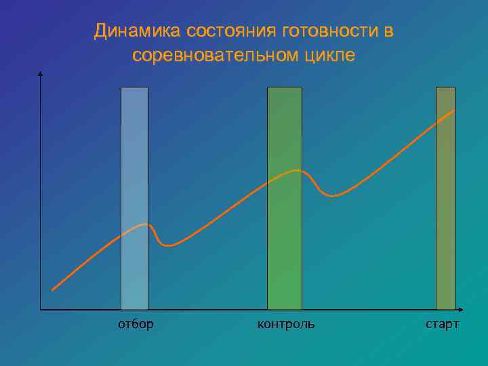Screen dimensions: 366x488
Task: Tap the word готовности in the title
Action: coord(320,31)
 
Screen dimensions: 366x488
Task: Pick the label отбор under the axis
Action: coord(136,324)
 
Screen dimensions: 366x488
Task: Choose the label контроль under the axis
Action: coord(285,324)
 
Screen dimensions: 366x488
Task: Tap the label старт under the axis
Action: coord(442,324)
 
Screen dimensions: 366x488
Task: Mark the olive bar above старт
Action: coord(445,203)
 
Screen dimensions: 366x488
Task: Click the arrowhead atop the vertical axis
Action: coord(41,74)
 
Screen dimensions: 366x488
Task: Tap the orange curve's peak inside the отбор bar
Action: coord(144,224)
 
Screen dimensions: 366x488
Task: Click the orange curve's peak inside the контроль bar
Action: coord(296,170)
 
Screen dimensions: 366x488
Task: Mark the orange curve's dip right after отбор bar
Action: coord(169,245)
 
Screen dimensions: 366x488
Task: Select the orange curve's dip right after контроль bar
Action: coord(332,195)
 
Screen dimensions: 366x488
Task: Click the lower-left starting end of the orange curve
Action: coord(52,290)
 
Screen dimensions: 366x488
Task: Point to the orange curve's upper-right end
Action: coord(454,110)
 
